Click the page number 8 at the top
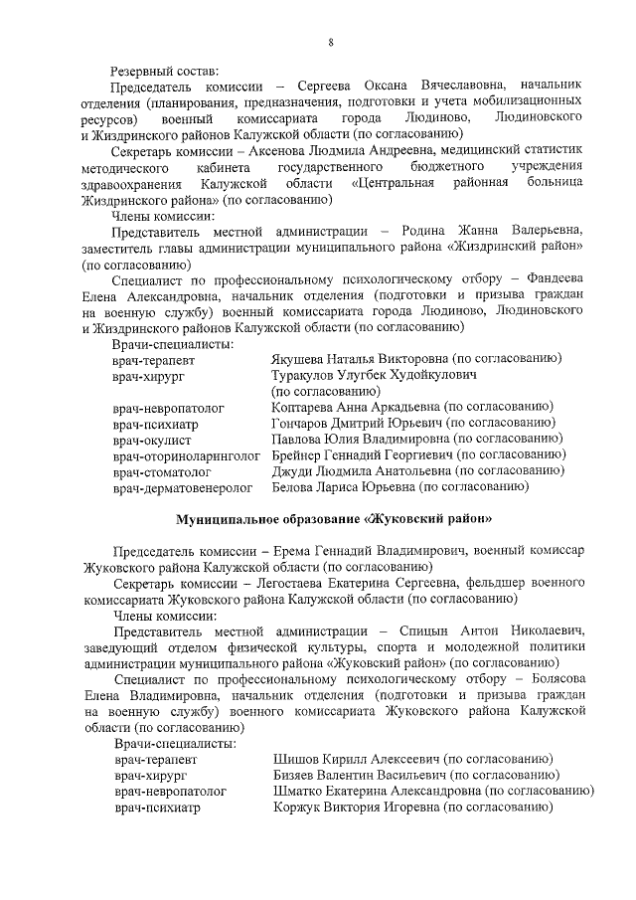coord(330,41)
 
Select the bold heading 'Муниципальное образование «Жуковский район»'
coord(334,519)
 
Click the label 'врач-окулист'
coord(152,440)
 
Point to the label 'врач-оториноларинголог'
coord(186,455)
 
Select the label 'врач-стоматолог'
coord(162,471)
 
